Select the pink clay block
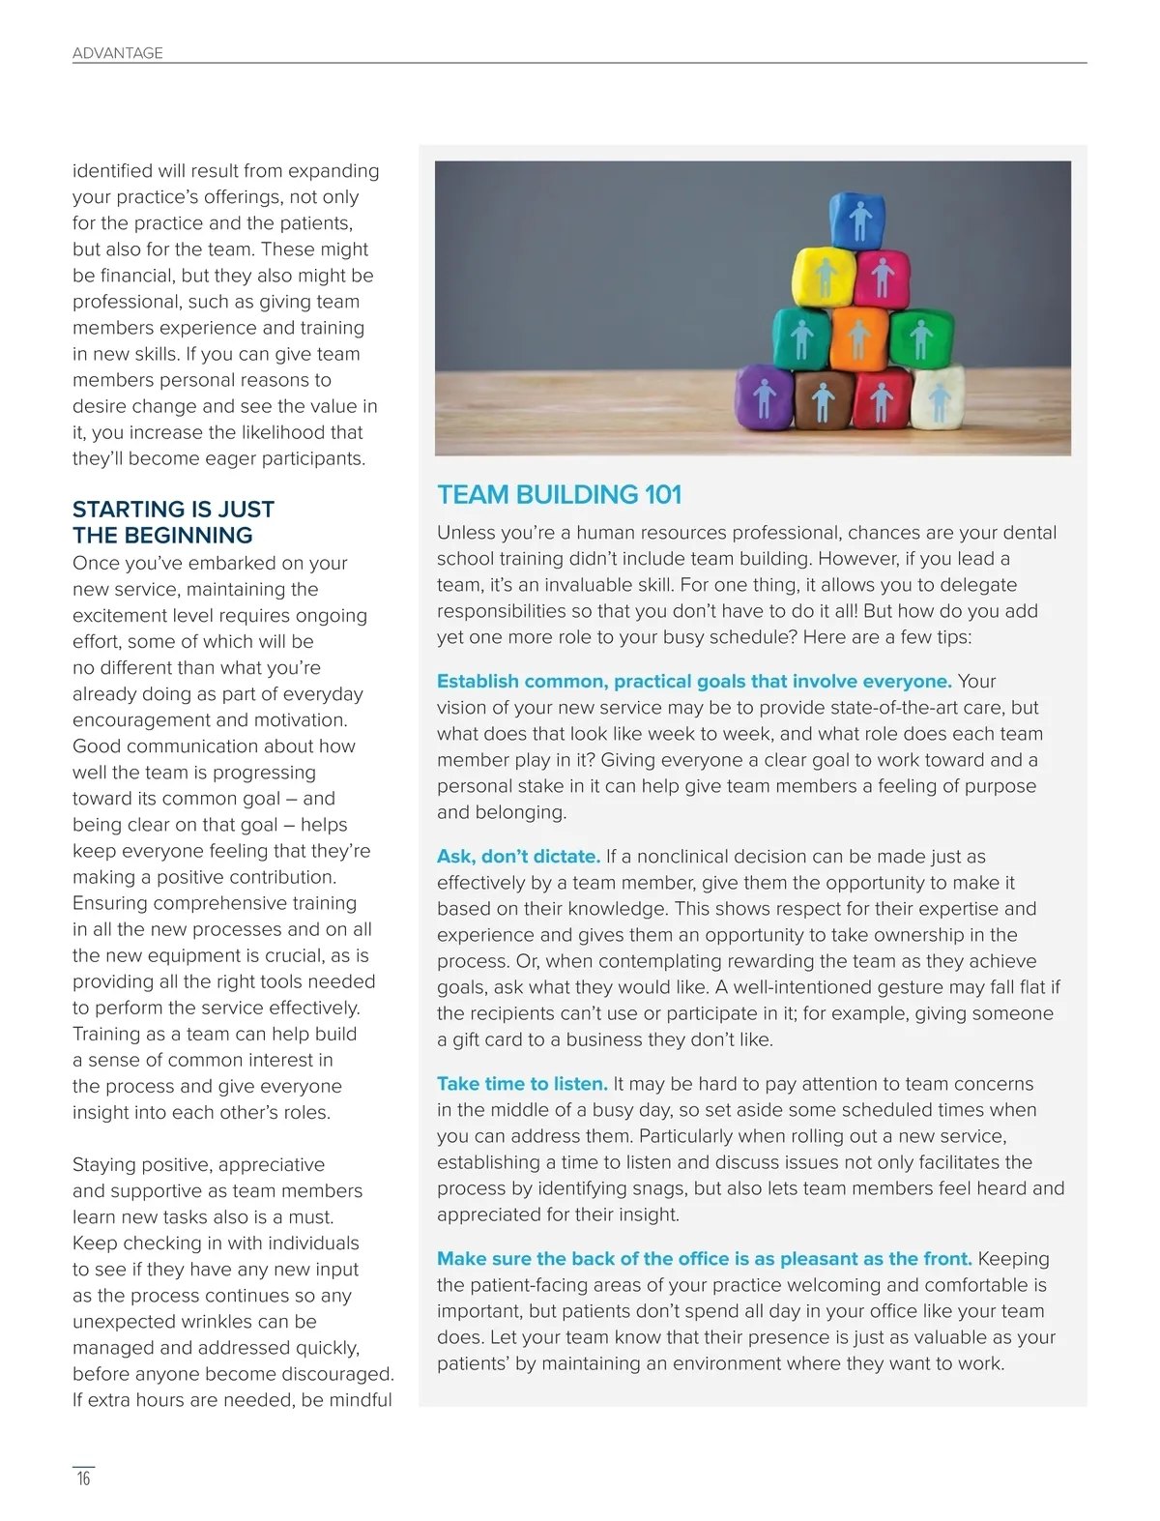pos(882,277)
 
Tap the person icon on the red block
pos(881,401)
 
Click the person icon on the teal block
pos(801,340)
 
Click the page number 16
pos(84,1478)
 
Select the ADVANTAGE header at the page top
pos(118,53)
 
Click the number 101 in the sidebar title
pos(663,495)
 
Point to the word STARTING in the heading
pos(127,510)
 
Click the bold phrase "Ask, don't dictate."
pos(518,857)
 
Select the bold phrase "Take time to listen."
pos(522,1084)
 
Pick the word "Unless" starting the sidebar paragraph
pos(465,533)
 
